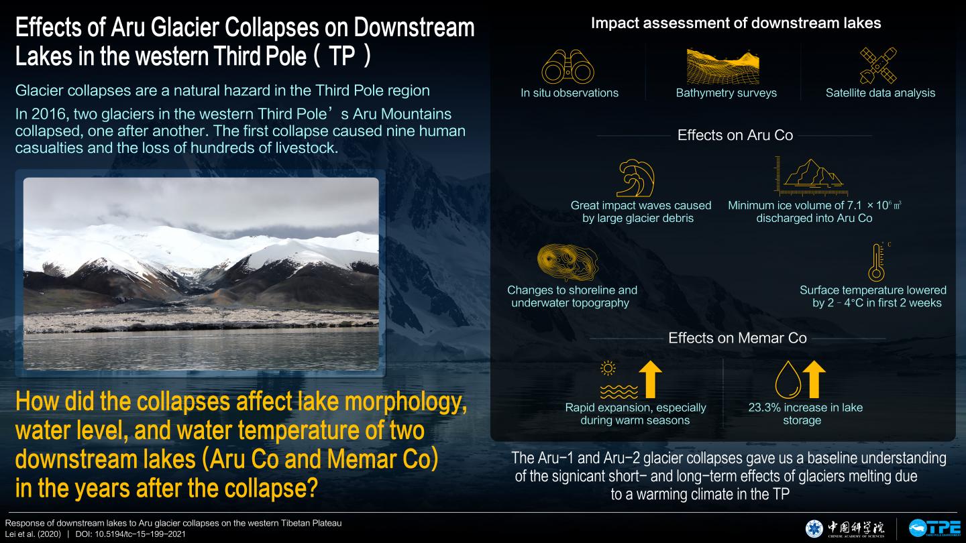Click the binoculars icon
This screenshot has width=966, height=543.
(x=568, y=67)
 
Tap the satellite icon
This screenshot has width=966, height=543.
(x=878, y=66)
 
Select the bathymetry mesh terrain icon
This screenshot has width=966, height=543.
(x=722, y=66)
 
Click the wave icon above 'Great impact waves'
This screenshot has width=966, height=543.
(x=636, y=178)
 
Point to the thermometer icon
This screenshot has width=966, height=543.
(x=877, y=263)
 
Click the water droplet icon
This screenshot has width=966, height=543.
(x=788, y=379)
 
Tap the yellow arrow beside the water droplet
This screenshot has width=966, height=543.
(x=814, y=379)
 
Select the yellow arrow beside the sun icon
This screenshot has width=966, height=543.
(x=650, y=379)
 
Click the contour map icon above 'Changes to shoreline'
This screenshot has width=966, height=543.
(x=568, y=263)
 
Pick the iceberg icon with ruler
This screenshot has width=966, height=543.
(x=811, y=176)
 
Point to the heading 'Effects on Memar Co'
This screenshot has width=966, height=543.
(x=737, y=338)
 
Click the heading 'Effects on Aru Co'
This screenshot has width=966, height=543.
(x=735, y=135)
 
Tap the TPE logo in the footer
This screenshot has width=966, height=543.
(x=935, y=528)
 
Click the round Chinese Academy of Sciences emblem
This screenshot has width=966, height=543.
(x=814, y=529)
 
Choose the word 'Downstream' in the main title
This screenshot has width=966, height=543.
(x=414, y=27)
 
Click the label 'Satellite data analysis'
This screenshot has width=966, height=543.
(x=880, y=93)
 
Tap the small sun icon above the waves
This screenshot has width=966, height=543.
(x=608, y=369)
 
